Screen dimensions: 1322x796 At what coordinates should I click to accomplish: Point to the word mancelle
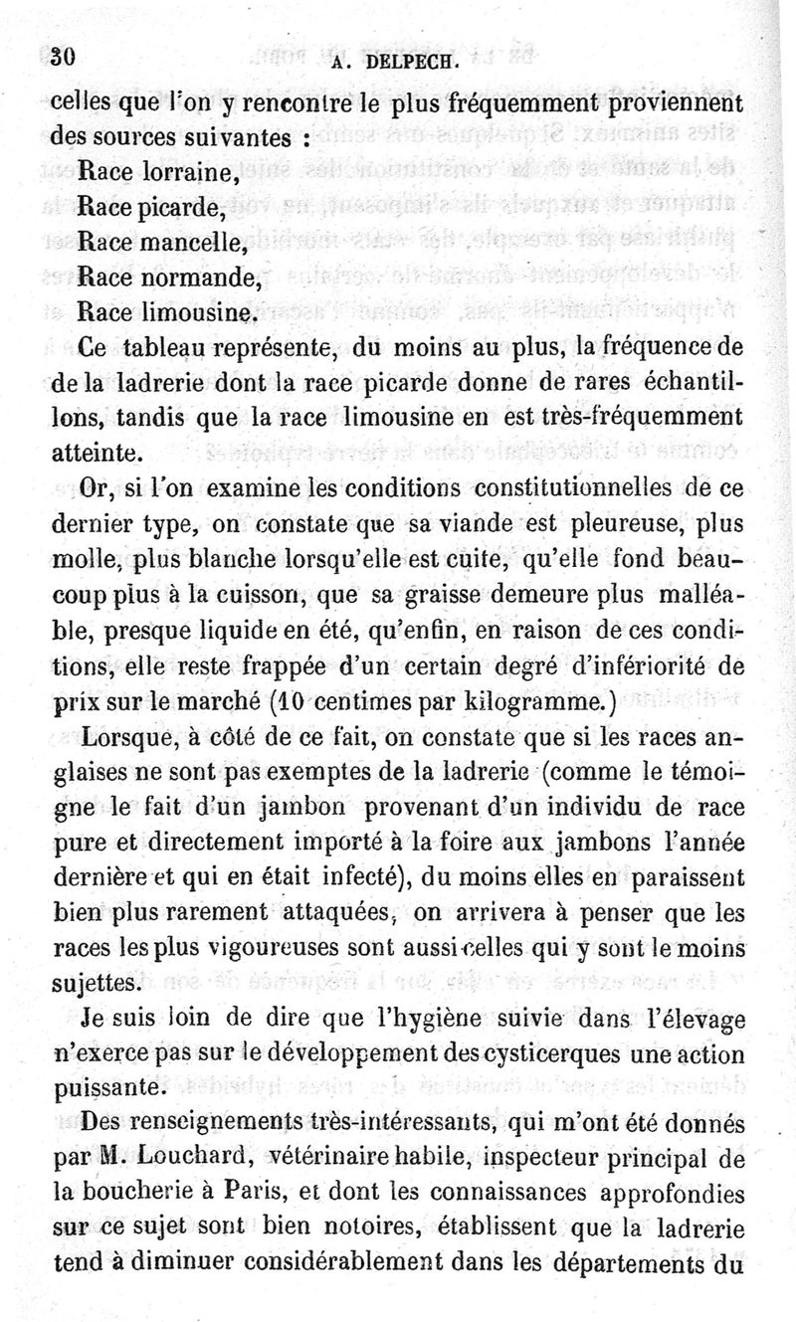coord(197,243)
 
